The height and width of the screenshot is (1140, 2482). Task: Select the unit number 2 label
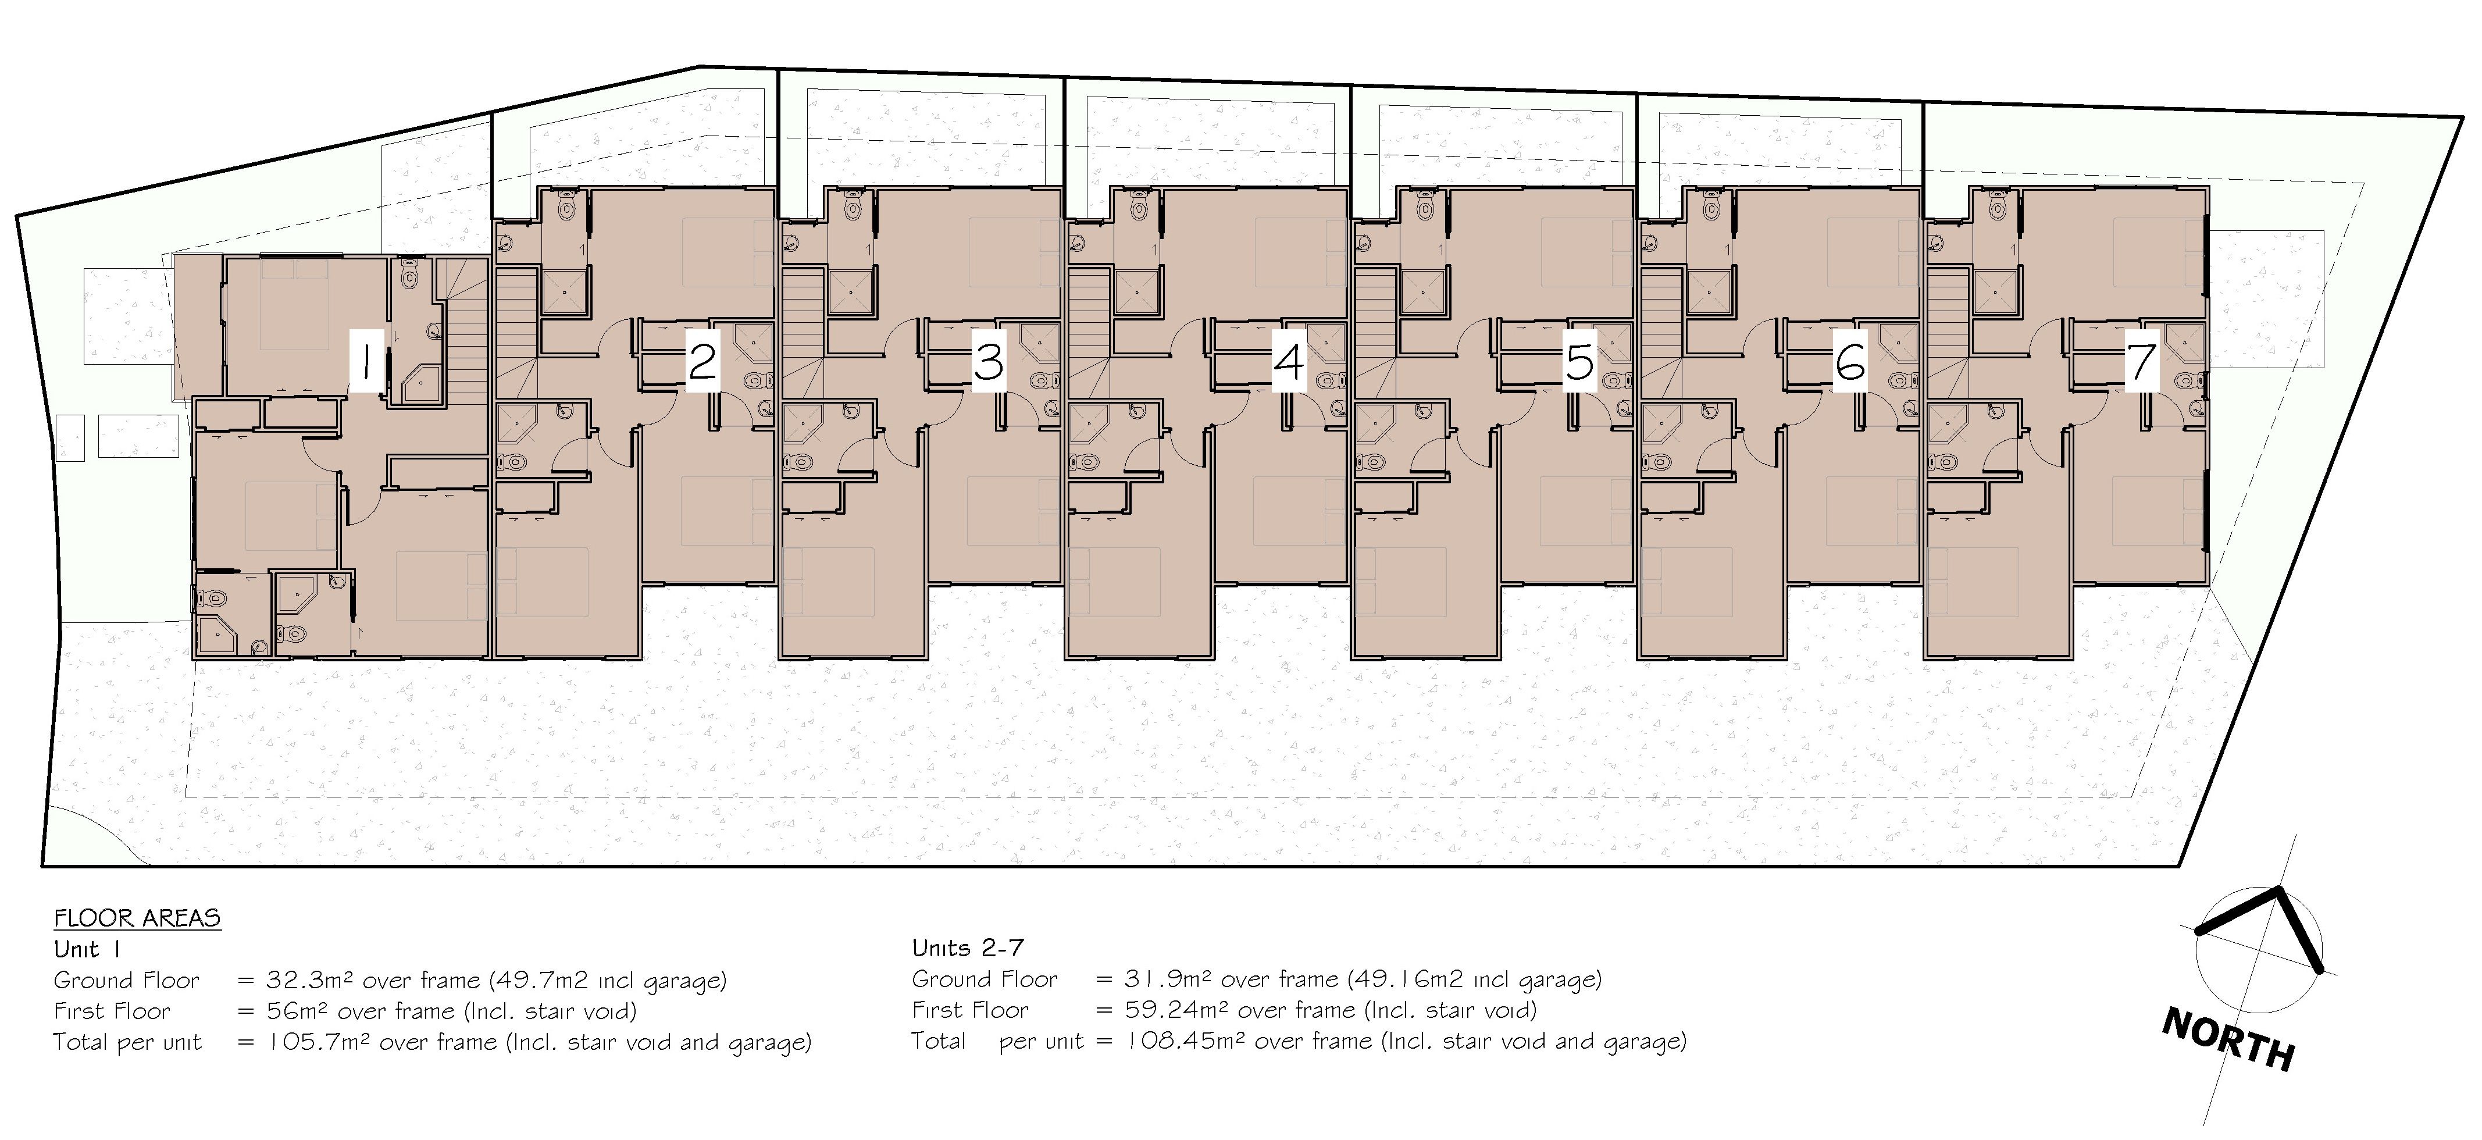coord(702,361)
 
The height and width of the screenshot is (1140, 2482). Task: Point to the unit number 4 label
coord(1289,361)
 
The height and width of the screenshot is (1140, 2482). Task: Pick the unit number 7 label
coord(2141,361)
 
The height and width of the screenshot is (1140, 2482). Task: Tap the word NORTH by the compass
coord(2228,1039)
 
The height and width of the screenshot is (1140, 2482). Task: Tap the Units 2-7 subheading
coord(967,948)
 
